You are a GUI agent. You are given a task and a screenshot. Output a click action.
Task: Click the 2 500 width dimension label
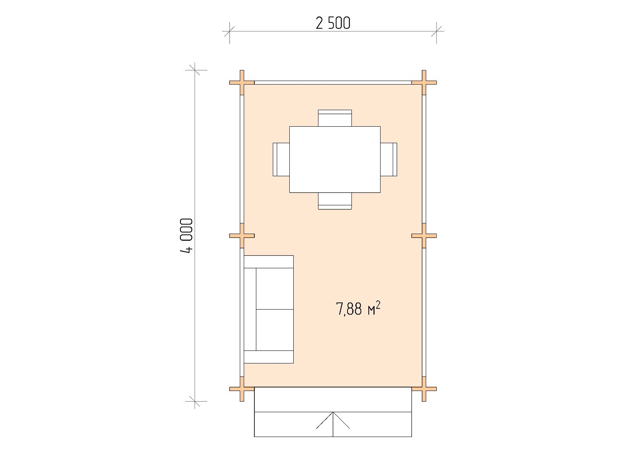(333, 23)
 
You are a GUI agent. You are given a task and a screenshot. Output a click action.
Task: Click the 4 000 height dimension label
(187, 236)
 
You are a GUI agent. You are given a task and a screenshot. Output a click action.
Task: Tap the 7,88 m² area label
(358, 308)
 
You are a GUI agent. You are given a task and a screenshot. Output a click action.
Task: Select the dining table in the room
(335, 159)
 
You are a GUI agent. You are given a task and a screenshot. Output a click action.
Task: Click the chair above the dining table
(335, 118)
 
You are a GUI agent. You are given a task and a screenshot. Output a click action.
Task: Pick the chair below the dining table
(335, 201)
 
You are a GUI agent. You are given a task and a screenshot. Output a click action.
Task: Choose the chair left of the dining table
(281, 159)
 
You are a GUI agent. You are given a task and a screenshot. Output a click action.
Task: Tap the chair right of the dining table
(388, 159)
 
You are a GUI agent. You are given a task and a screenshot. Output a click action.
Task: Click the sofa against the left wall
(269, 309)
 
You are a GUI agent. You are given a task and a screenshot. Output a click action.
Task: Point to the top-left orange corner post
(242, 83)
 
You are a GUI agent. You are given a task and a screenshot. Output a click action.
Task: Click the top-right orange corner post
(424, 83)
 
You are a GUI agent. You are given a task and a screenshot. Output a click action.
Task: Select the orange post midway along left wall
(242, 236)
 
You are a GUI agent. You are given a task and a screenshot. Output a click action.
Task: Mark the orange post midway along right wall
(424, 236)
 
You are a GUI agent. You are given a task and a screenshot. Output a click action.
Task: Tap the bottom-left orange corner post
(242, 389)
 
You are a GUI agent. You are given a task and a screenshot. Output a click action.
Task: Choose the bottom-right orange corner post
(424, 389)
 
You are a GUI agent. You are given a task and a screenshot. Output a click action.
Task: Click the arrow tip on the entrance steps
(333, 412)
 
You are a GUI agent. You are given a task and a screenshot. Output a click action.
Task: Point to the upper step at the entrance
(333, 400)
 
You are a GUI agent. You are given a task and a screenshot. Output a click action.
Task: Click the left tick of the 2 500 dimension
(229, 31)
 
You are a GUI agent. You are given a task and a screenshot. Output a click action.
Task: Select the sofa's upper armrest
(269, 262)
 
